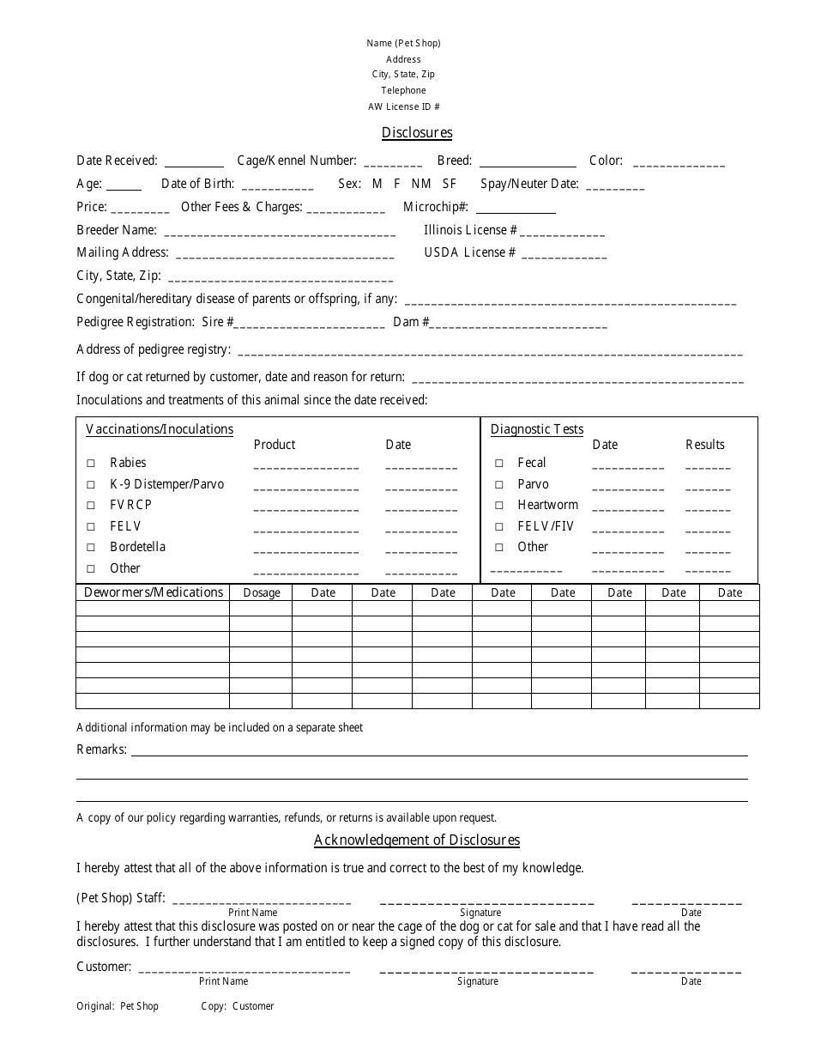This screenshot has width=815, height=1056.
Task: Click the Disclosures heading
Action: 417,132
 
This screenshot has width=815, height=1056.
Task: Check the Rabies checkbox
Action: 91,463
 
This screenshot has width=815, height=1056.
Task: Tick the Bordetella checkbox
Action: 91,547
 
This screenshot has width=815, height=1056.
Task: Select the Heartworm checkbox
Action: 498,505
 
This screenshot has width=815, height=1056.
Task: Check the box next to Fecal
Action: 498,463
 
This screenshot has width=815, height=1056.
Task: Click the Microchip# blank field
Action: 515,209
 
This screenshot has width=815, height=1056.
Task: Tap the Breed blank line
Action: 528,162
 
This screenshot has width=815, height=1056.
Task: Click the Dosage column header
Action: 262,592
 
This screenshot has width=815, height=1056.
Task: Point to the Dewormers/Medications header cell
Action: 154,592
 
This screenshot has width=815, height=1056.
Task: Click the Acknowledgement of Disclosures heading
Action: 417,840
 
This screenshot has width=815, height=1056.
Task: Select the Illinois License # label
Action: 470,230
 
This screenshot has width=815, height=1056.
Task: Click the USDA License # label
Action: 469,252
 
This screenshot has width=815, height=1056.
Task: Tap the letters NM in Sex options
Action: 421,184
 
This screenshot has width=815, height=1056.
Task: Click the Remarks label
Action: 101,750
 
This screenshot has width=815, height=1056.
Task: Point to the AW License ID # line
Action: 403,106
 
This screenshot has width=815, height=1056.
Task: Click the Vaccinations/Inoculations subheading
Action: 160,429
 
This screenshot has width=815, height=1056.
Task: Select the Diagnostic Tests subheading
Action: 537,429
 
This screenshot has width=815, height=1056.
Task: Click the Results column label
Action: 705,445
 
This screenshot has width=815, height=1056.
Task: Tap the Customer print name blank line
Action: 244,969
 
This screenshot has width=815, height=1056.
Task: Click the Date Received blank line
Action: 194,162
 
